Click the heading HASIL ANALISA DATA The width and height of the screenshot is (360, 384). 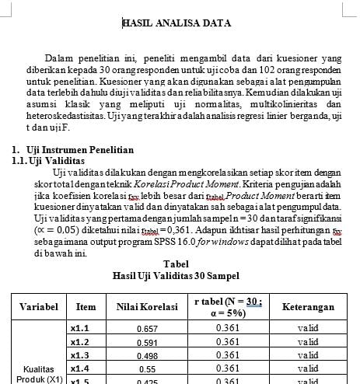177,23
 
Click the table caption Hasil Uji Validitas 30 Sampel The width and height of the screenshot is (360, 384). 176,276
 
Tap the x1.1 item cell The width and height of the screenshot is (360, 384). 80,329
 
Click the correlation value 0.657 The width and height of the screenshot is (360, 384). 147,329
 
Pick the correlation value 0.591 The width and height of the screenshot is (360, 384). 147,342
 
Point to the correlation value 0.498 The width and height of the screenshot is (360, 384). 147,355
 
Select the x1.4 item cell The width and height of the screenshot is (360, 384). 80,368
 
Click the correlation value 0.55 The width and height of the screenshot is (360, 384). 147,368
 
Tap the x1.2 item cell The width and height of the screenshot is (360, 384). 80,342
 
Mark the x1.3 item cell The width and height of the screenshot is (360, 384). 80,355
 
